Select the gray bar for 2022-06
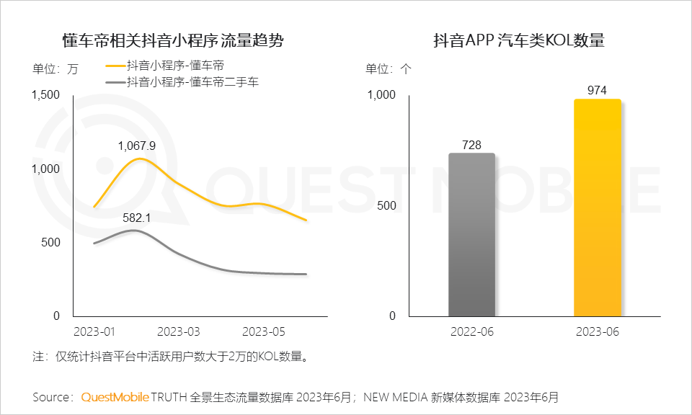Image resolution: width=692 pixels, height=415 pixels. pos(471,235)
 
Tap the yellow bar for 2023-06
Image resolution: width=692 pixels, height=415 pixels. pos(597,208)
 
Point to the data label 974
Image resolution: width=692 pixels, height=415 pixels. pos(597,90)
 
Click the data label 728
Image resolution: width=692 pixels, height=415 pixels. pos(471,145)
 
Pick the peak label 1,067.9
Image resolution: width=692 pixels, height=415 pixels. pos(137,146)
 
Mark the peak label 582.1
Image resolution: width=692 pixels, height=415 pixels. pos(136,217)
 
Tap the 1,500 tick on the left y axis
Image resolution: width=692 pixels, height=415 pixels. pos(45,95)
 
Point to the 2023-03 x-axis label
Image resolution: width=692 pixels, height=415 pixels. pos(178,331)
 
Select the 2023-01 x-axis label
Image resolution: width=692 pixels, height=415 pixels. pos(94,331)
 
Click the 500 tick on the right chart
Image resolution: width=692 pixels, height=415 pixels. pos(387,206)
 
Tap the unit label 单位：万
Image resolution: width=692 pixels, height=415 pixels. pos(55,69)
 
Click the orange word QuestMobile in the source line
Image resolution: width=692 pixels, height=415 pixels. pos(115,397)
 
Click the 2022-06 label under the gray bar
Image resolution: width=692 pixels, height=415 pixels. pos(471,331)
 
